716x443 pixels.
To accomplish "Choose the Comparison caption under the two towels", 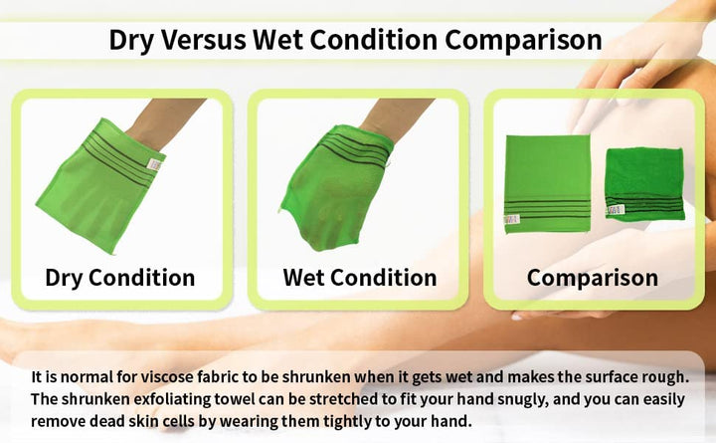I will (x=593, y=277).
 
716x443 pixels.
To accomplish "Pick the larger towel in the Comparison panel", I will (x=546, y=180).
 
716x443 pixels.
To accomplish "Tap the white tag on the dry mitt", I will (x=154, y=164).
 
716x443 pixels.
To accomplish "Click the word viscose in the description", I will (x=171, y=378).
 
